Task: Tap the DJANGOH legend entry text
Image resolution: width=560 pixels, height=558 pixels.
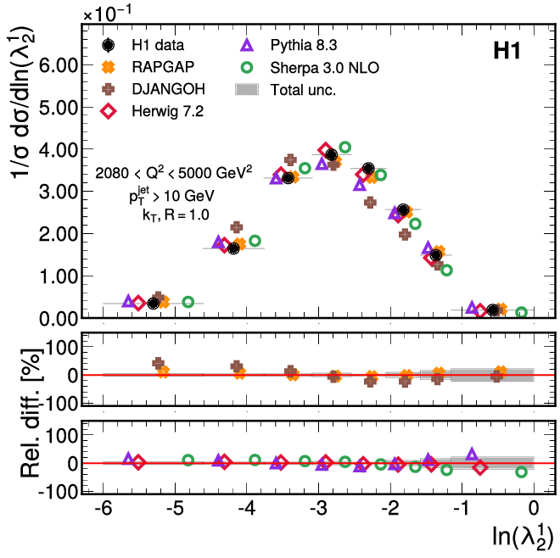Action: [x=165, y=88]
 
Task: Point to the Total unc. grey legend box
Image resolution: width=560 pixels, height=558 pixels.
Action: [x=248, y=88]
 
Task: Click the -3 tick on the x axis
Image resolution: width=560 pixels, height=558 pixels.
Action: [x=319, y=510]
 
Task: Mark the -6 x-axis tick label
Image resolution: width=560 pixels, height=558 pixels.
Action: [x=103, y=510]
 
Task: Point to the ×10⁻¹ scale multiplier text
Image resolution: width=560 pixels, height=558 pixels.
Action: [x=110, y=12]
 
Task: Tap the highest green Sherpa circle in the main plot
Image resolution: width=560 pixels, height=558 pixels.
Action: [x=344, y=147]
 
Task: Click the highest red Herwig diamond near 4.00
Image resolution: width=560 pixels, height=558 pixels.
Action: [x=325, y=149]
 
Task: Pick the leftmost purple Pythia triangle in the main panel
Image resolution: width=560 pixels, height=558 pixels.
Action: [x=128, y=301]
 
